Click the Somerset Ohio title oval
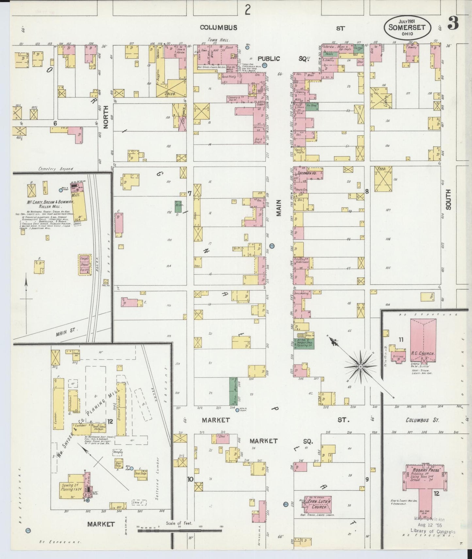click(x=406, y=27)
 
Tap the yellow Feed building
click(x=383, y=180)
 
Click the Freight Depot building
click(x=85, y=265)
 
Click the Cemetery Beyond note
click(x=56, y=169)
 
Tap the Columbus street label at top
click(x=219, y=28)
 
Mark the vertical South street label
click(x=448, y=199)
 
